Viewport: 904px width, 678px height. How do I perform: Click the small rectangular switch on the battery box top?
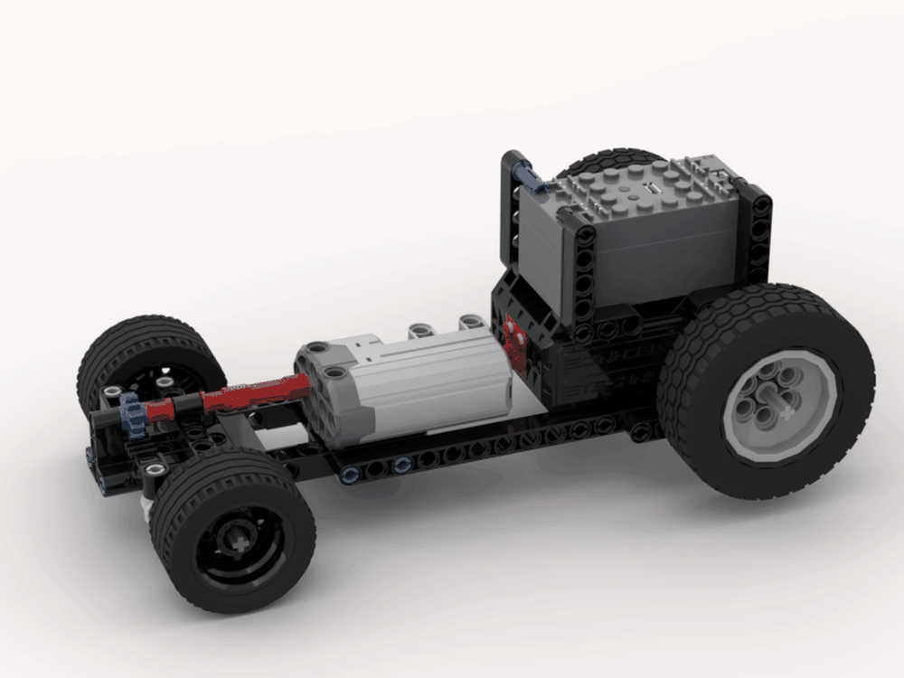(x=648, y=190)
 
